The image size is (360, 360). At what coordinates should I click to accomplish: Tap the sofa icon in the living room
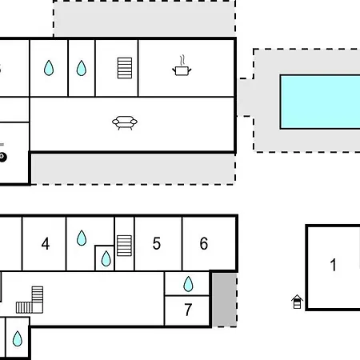125,122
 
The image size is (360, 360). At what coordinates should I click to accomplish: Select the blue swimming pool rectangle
320,102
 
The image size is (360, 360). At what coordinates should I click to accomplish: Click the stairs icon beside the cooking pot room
125,68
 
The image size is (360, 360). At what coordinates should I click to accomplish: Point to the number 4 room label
46,244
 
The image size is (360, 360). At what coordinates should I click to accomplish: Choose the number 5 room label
157,243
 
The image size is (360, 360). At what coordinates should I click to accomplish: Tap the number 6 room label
204,243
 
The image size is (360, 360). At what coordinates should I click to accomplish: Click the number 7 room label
188,310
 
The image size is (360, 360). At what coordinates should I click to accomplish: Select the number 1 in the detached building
333,265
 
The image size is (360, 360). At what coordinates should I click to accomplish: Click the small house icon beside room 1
297,302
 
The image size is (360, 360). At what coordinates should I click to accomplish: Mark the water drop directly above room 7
188,284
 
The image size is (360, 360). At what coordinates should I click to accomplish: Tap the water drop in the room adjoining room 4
82,238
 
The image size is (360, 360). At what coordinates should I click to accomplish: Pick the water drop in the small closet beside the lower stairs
106,258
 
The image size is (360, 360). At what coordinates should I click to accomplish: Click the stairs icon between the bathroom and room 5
124,246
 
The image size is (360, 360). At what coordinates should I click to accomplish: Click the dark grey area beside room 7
225,299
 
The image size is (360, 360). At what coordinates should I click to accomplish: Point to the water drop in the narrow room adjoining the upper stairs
82,68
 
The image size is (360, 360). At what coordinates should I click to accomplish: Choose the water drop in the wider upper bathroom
49,68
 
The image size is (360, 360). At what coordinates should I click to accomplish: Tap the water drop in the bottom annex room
18,338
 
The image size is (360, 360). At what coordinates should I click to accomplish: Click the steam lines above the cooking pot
182,60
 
